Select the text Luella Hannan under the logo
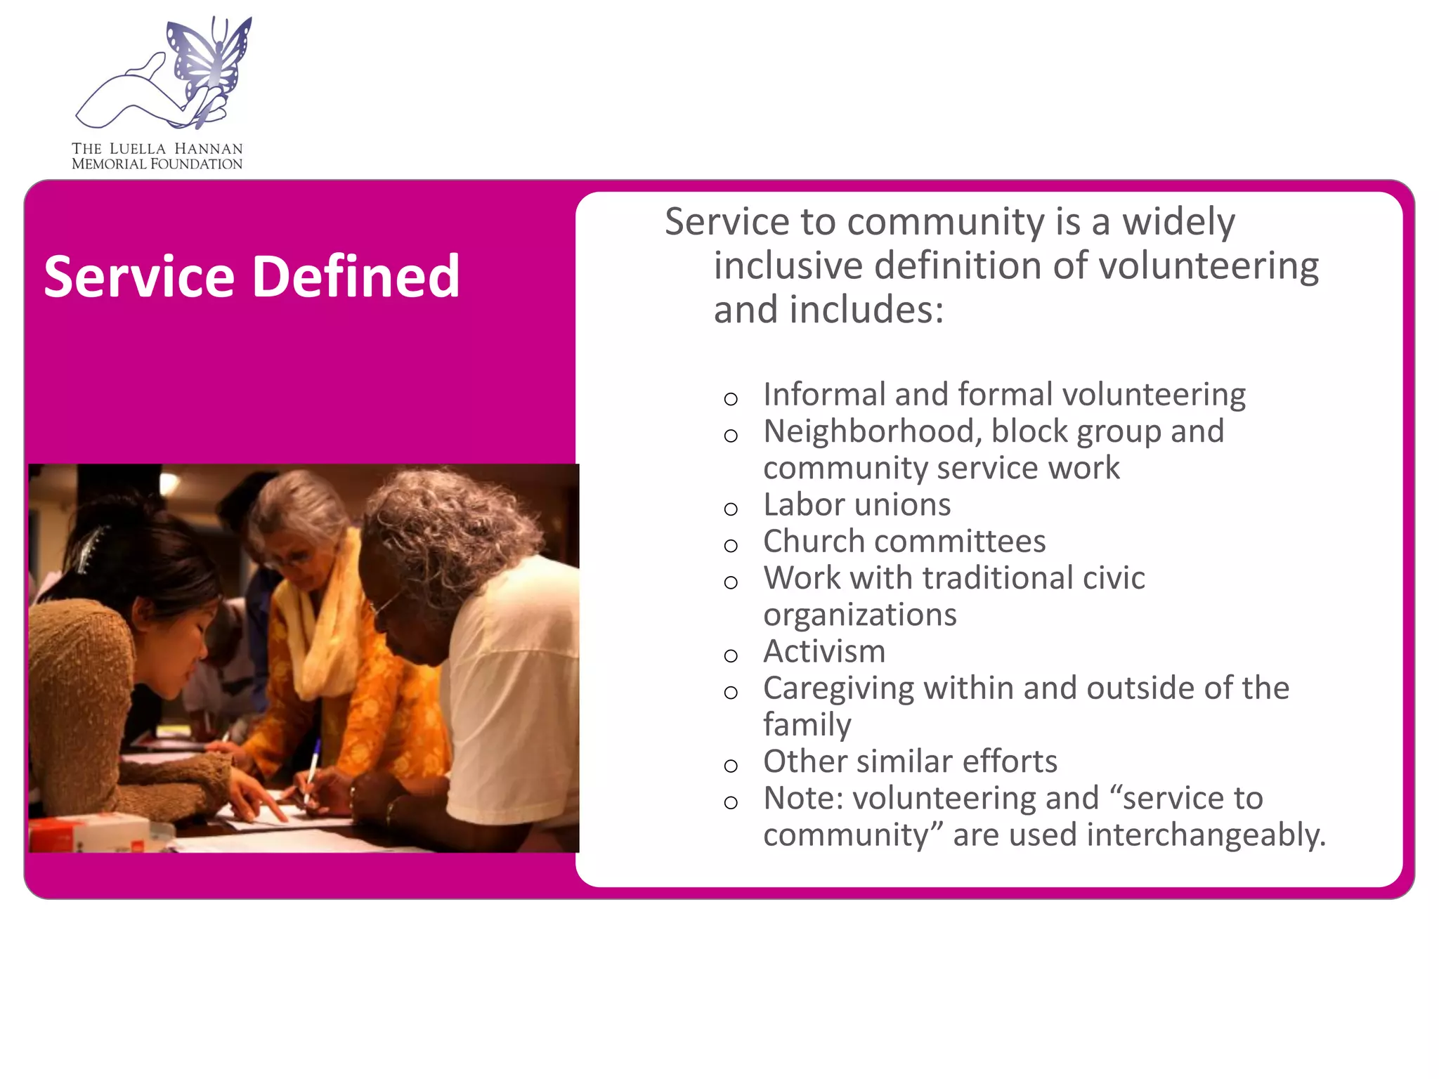coord(176,149)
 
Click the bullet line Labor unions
coord(857,505)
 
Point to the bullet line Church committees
coord(904,542)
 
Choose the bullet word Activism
coord(824,652)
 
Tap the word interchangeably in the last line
coord(1206,835)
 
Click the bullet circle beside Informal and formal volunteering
coord(731,400)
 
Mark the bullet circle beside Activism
coord(731,656)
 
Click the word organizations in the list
coord(860,615)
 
